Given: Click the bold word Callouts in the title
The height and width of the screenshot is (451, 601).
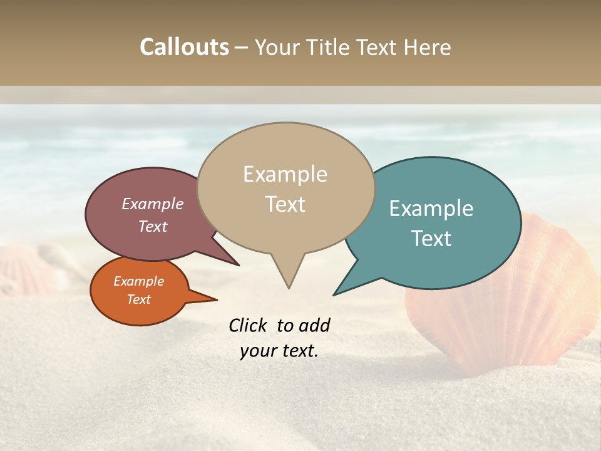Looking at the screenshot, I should (184, 47).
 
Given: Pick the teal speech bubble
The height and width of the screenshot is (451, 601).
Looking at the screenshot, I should (438, 222).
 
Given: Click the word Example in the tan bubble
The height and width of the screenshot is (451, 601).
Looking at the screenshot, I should (285, 174).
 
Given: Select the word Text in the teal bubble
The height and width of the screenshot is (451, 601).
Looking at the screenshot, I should (431, 239).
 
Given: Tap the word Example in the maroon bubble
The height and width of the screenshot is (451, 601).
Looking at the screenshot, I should (152, 204).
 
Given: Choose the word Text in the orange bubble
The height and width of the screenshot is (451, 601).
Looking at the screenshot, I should (139, 299).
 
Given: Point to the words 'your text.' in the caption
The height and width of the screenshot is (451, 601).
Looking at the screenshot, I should (279, 351).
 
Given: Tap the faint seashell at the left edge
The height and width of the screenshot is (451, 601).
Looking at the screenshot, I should (22, 269).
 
